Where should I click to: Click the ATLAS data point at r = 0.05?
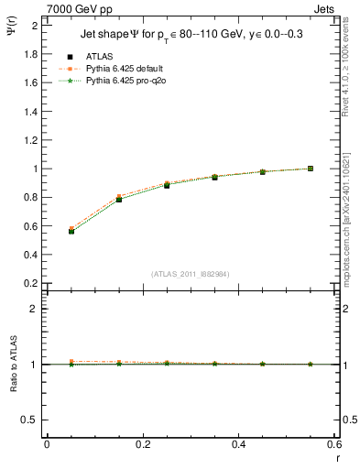point(71,232)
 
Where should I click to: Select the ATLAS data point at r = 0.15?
point(119,199)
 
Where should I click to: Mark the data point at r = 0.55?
point(311,169)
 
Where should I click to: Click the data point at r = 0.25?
point(167,185)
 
